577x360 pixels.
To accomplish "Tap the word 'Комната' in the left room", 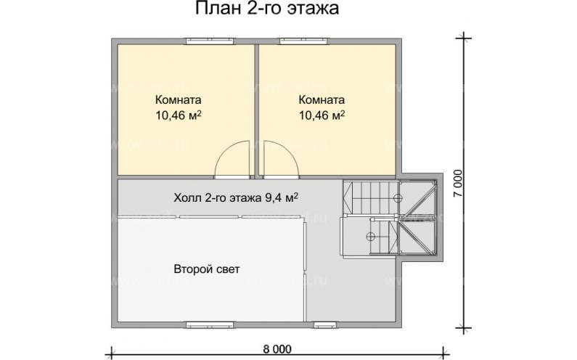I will click(178, 100).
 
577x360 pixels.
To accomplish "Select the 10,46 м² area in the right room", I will click(321, 115).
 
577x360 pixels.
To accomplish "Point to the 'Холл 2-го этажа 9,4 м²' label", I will click(237, 196).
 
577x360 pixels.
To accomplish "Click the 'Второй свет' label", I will click(206, 269).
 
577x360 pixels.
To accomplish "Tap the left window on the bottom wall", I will click(205, 324).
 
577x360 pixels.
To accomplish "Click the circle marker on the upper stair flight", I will click(397, 197).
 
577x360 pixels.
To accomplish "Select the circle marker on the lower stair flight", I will click(370, 236).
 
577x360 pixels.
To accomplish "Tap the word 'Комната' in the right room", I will click(321, 100).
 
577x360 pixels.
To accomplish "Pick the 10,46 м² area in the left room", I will click(178, 115).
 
